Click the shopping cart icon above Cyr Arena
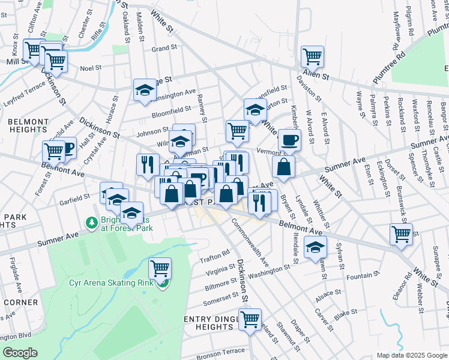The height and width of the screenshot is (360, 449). (160, 268)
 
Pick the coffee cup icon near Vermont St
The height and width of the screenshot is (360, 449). (289, 140)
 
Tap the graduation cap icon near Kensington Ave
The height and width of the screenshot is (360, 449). (144, 90)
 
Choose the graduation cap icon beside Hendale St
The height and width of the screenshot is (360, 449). (315, 247)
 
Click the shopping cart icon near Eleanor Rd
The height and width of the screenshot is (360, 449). (401, 234)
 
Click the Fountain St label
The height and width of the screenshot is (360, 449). (360, 277)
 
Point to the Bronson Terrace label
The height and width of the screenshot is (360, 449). (220, 352)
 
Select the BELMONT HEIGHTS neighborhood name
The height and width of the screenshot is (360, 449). (28, 125)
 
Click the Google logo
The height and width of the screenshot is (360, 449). (20, 353)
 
